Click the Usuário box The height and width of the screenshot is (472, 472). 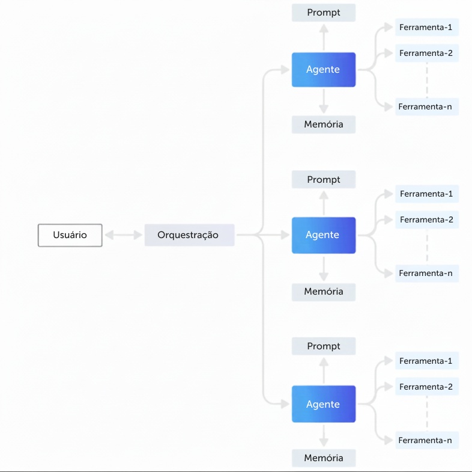click(70, 235)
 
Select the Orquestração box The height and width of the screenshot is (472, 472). click(189, 235)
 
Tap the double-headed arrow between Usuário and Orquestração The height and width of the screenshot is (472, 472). click(124, 234)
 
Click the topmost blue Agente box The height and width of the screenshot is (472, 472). click(324, 70)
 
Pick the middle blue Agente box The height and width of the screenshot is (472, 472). click(324, 235)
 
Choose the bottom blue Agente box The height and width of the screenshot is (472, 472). click(324, 404)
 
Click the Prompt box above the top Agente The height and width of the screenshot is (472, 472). click(324, 13)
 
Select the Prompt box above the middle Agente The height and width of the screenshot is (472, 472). click(324, 179)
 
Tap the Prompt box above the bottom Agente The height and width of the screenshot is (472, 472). click(324, 346)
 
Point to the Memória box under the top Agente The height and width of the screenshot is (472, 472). click(324, 124)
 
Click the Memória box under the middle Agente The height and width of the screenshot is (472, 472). click(324, 292)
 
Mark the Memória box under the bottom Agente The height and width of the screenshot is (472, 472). click(324, 458)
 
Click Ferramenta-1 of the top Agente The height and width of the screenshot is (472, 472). click(427, 27)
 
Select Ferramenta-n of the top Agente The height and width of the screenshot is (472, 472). click(427, 106)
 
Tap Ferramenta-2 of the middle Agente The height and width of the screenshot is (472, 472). click(427, 219)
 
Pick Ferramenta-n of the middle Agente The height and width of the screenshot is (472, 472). click(427, 274)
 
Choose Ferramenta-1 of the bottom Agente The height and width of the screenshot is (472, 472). click(427, 361)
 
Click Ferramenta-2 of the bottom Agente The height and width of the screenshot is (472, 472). click(427, 387)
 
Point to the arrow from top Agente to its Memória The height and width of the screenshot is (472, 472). click(324, 101)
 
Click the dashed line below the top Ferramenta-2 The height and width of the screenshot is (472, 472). click(427, 80)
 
